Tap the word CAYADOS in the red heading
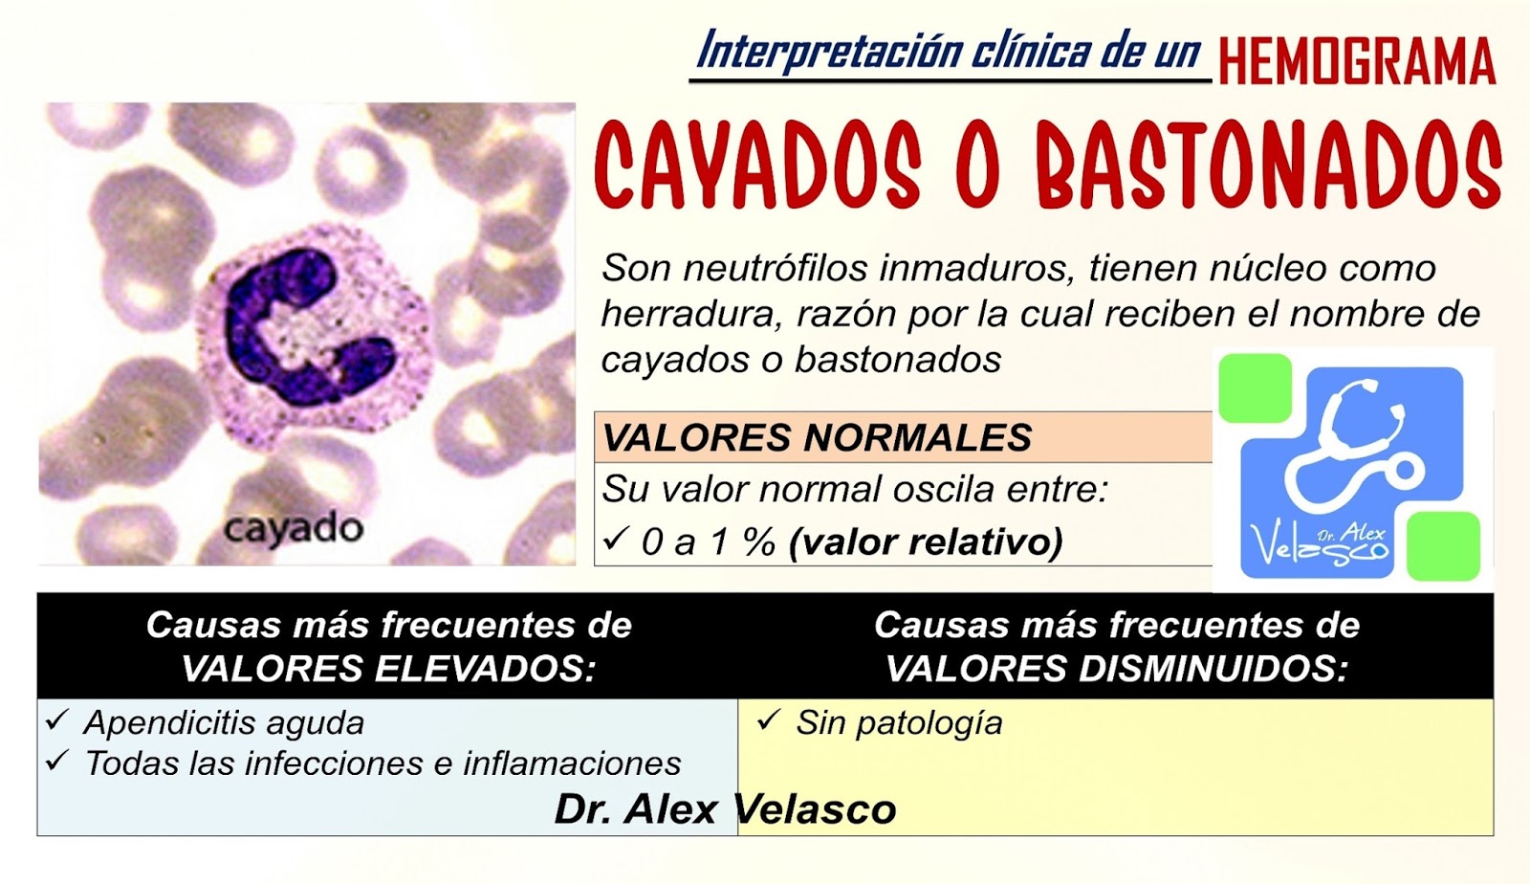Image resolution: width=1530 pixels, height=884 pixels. pos(757,165)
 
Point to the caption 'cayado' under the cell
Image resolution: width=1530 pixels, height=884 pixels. pos(293,528)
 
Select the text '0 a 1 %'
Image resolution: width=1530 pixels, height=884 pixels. pos(709,542)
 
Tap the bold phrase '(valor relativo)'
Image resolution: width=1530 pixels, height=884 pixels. pos(926,542)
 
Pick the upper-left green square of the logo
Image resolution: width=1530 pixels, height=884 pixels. pos(1255,387)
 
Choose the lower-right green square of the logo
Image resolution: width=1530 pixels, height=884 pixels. pos(1444,545)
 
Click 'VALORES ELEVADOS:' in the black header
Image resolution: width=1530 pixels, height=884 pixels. pos(388,668)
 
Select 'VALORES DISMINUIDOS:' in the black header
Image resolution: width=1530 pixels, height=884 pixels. pos(1116,668)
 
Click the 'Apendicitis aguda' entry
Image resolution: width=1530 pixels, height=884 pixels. pos(224,722)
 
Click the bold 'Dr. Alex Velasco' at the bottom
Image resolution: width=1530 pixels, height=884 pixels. pos(725,809)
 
